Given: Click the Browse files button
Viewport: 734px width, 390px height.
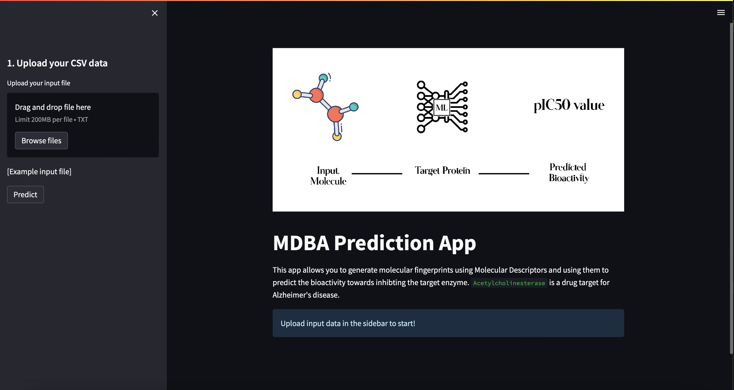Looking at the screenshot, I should pos(41,141).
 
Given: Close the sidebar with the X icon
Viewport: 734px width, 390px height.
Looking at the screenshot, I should pos(155,13).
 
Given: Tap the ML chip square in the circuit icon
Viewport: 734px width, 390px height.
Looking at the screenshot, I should pos(441,108).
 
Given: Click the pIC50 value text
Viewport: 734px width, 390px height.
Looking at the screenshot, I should pos(569,105).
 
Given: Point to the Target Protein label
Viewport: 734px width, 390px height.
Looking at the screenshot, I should pos(442,170).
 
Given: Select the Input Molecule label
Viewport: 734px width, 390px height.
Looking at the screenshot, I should pos(328,176).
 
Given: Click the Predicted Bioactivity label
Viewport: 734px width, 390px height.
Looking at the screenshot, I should pos(569,172).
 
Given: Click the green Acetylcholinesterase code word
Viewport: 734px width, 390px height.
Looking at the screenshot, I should pos(509,283).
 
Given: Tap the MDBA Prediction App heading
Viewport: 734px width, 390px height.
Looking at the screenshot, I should pos(374,243).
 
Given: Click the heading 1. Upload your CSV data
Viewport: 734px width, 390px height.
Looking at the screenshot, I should pos(57,63).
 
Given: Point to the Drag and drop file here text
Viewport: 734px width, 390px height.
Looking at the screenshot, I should pos(53,107).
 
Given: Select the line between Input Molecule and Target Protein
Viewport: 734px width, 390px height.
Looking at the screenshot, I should pos(377,173).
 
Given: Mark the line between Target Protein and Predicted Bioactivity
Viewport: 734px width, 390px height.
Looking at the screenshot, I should pos(504,173).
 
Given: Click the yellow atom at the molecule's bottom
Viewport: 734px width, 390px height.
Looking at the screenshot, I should pos(337,137).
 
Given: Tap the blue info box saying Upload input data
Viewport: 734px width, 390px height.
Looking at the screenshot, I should pos(448,323).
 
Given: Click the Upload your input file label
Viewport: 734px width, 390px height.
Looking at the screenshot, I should pos(38,83).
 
